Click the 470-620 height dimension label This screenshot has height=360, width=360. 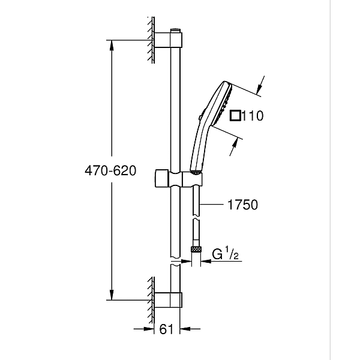(110, 171)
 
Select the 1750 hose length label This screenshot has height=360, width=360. (242, 205)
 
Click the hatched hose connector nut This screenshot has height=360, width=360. (195, 248)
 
